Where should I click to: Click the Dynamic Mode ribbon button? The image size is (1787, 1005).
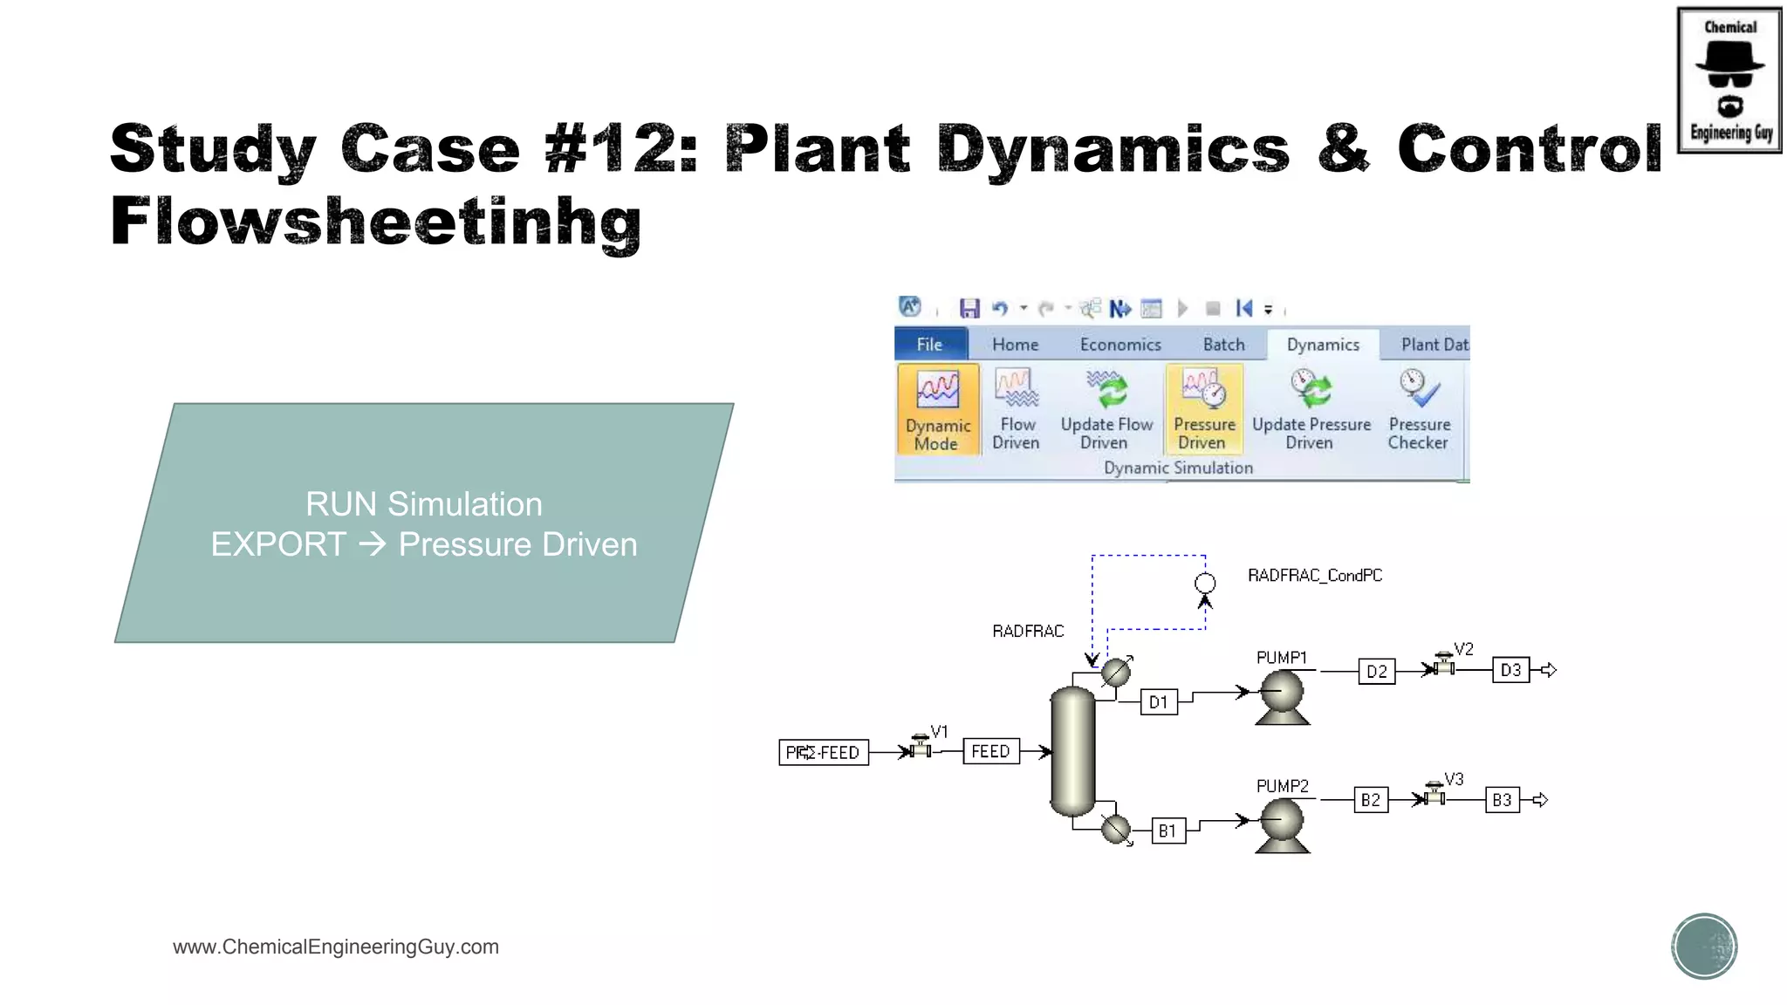pyautogui.click(x=937, y=409)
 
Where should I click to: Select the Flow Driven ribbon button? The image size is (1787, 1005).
pyautogui.click(x=1016, y=409)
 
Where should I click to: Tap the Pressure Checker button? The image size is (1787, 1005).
pyautogui.click(x=1419, y=409)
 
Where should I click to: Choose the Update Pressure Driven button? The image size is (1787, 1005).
pyautogui.click(x=1311, y=409)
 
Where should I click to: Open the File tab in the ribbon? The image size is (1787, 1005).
pyautogui.click(x=929, y=345)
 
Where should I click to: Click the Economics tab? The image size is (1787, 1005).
pyautogui.click(x=1120, y=345)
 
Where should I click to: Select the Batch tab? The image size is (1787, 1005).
pyautogui.click(x=1223, y=345)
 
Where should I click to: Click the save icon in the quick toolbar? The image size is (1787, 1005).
pyautogui.click(x=969, y=308)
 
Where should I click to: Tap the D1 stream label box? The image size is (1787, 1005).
pyautogui.click(x=1159, y=702)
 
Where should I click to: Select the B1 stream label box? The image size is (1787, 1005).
pyautogui.click(x=1167, y=831)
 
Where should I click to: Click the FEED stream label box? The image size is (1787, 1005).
pyautogui.click(x=990, y=751)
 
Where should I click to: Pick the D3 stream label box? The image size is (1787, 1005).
pyautogui.click(x=1510, y=670)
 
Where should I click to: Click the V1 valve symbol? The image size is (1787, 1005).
pyautogui.click(x=920, y=748)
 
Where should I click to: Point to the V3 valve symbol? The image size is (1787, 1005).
pyautogui.click(x=1434, y=795)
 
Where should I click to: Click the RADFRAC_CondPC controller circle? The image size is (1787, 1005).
pyautogui.click(x=1205, y=584)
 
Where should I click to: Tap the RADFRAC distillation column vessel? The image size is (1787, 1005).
pyautogui.click(x=1072, y=751)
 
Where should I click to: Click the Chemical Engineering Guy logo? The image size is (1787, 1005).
pyautogui.click(x=1729, y=80)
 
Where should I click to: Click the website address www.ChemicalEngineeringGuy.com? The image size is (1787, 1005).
pyautogui.click(x=336, y=947)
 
